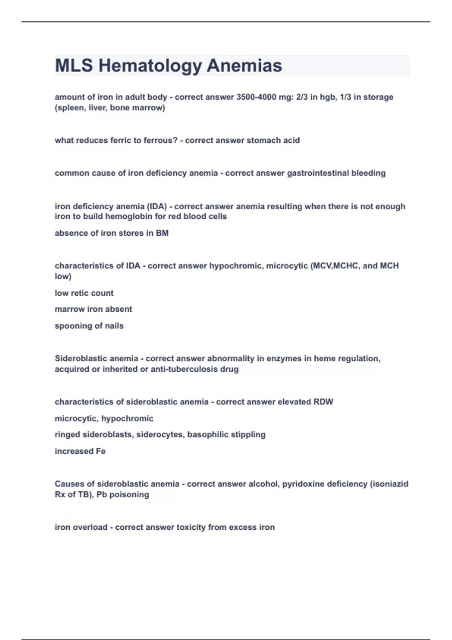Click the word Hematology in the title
[150, 66]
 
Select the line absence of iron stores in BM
[111, 233]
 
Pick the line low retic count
[84, 293]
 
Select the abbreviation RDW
[324, 402]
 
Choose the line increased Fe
[80, 451]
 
